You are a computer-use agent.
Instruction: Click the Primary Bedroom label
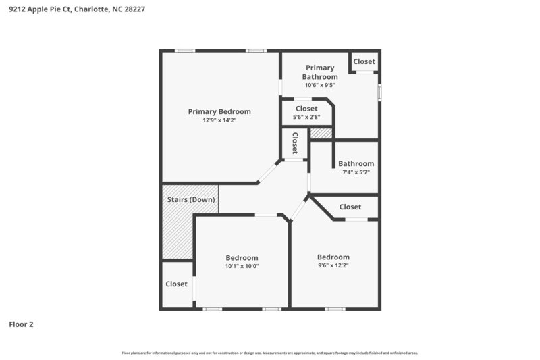pyautogui.click(x=219, y=111)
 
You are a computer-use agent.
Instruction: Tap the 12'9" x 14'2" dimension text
pyautogui.click(x=219, y=120)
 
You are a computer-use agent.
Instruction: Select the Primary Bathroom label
pyautogui.click(x=320, y=72)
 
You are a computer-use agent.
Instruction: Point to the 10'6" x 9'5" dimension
pyautogui.click(x=320, y=85)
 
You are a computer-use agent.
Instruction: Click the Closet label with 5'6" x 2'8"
pyautogui.click(x=306, y=108)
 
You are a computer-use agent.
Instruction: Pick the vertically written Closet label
pyautogui.click(x=295, y=143)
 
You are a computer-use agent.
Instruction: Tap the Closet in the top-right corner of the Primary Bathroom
pyautogui.click(x=364, y=61)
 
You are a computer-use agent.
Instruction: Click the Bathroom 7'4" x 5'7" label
pyautogui.click(x=356, y=163)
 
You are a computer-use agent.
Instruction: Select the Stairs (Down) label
pyautogui.click(x=191, y=199)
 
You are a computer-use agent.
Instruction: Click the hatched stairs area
pyautogui.click(x=177, y=233)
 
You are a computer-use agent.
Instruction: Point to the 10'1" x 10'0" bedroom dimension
pyautogui.click(x=242, y=266)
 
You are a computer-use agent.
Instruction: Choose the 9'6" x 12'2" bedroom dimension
pyautogui.click(x=333, y=265)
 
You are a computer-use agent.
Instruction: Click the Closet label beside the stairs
pyautogui.click(x=176, y=284)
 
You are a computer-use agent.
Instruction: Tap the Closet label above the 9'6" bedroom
pyautogui.click(x=350, y=207)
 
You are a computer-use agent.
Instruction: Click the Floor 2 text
pyautogui.click(x=21, y=324)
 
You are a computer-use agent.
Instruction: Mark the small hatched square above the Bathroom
pyautogui.click(x=321, y=134)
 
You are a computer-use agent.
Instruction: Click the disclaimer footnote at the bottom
pyautogui.click(x=270, y=353)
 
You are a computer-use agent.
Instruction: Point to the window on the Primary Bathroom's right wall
pyautogui.click(x=379, y=91)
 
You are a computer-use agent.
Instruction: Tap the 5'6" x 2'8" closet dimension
pyautogui.click(x=306, y=117)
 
